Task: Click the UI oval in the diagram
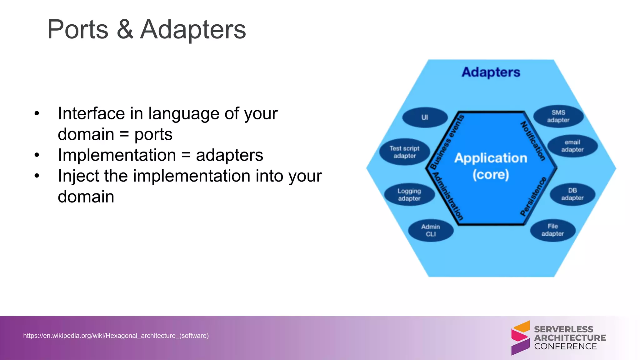[425, 117]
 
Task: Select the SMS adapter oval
[558, 116]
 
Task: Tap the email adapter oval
[572, 146]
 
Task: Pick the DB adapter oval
[572, 194]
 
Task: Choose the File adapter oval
[552, 230]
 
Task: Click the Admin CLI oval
[431, 230]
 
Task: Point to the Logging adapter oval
[409, 194]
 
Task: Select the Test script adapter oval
[404, 152]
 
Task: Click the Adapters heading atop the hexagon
[491, 72]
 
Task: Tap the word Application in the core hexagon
[491, 158]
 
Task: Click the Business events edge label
[447, 142]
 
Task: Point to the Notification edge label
[533, 141]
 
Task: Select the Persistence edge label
[533, 197]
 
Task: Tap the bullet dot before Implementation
[37, 155]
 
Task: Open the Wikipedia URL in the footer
[116, 336]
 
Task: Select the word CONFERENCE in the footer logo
[565, 346]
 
